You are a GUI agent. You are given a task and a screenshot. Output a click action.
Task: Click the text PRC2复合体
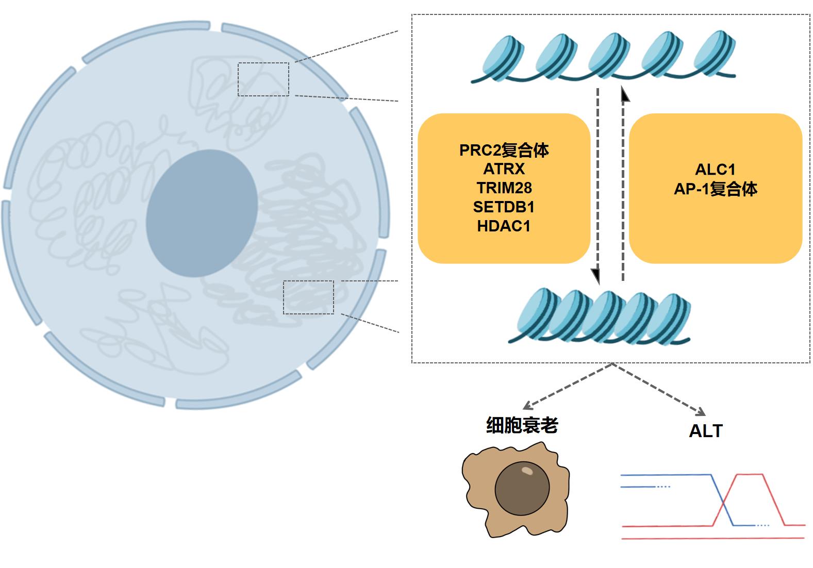pyautogui.click(x=504, y=151)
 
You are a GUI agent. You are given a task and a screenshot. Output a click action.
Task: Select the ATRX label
pyautogui.click(x=504, y=169)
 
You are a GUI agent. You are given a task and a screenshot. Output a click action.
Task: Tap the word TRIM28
pyautogui.click(x=504, y=188)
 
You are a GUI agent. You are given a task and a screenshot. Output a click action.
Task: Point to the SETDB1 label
pyautogui.click(x=504, y=207)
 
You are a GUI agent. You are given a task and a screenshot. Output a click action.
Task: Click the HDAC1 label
pyautogui.click(x=504, y=226)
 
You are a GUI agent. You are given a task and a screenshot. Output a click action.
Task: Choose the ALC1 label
pyautogui.click(x=715, y=170)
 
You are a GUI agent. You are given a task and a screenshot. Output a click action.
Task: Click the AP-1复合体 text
pyautogui.click(x=716, y=189)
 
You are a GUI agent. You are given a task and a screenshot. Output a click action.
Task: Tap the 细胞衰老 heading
pyautogui.click(x=522, y=425)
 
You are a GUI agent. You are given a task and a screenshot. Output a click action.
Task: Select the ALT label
pyautogui.click(x=706, y=431)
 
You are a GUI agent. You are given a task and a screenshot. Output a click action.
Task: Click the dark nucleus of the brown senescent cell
pyautogui.click(x=522, y=488)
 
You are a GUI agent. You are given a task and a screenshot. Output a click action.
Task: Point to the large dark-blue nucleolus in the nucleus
pyautogui.click(x=202, y=213)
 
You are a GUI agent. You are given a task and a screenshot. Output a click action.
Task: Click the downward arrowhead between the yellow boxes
pyautogui.click(x=595, y=276)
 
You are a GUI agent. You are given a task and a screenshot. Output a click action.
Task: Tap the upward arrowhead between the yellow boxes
pyautogui.click(x=624, y=94)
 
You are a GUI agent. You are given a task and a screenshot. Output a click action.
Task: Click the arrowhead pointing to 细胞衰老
pyautogui.click(x=528, y=406)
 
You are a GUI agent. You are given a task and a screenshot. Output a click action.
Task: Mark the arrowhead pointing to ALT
pyautogui.click(x=700, y=411)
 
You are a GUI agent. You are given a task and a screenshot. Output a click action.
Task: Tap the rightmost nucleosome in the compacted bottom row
pyautogui.click(x=669, y=319)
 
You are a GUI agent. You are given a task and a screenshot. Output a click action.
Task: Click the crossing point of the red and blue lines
pyautogui.click(x=723, y=503)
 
